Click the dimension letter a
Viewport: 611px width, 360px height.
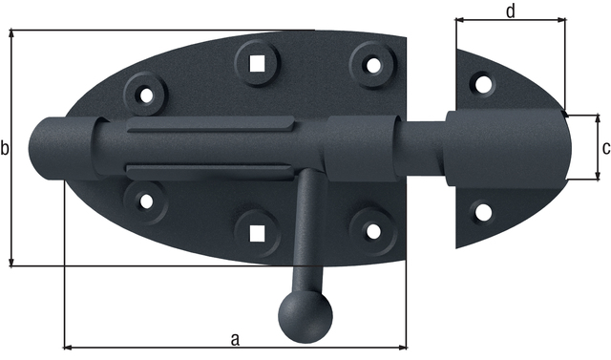[235, 337]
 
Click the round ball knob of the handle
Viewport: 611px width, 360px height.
[305, 314]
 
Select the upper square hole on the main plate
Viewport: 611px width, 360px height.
[256, 62]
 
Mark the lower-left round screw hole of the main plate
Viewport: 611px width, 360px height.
[145, 201]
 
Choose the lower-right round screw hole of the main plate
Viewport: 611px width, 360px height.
[372, 229]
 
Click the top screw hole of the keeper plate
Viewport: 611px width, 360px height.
[483, 84]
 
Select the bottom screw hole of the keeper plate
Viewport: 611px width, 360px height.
[483, 211]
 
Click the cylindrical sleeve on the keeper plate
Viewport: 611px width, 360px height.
[506, 148]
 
